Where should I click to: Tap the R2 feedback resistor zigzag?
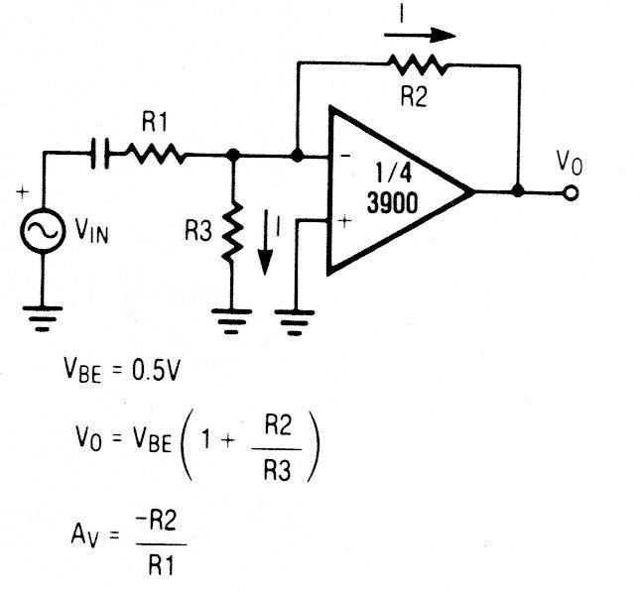click(421, 66)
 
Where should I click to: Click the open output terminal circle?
click(570, 192)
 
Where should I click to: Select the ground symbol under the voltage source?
click(43, 316)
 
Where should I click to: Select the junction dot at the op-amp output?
click(518, 191)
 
